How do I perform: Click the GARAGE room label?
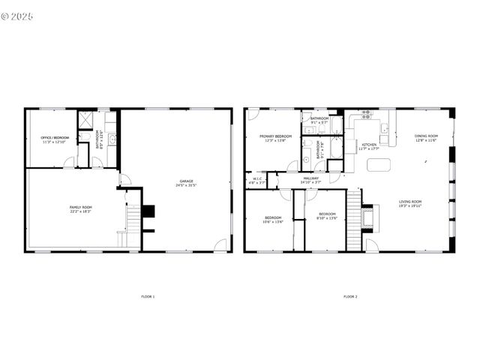pyautogui.click(x=186, y=181)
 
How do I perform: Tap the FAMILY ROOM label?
pyautogui.click(x=80, y=207)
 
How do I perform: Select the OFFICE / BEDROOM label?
pyautogui.click(x=55, y=138)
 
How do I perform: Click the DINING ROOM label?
pyautogui.click(x=426, y=136)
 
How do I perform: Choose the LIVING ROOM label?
pyautogui.click(x=410, y=201)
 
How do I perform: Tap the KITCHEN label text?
pyautogui.click(x=370, y=145)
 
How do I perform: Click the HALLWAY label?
pyautogui.click(x=310, y=178)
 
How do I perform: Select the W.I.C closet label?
pyautogui.click(x=257, y=178)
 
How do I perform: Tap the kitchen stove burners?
pyautogui.click(x=367, y=114)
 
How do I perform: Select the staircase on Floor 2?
pyautogui.click(x=354, y=220)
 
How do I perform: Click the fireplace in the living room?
pyautogui.click(x=367, y=217)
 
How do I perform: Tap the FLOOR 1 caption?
pyautogui.click(x=148, y=297)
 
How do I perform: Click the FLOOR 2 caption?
pyautogui.click(x=350, y=297)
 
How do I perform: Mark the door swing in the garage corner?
pyautogui.click(x=219, y=244)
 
